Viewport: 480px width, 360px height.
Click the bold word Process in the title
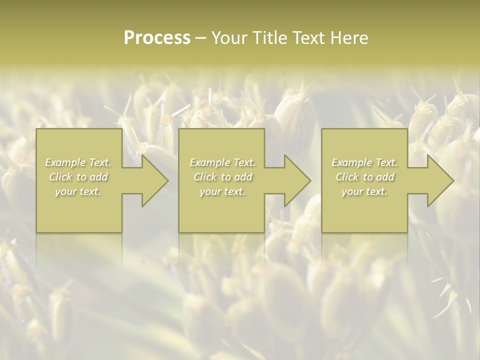157,38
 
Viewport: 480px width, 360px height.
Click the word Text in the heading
308,38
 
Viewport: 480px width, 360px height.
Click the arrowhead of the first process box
152,180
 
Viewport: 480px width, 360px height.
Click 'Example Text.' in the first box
78,162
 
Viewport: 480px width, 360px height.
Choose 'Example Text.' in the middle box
222,162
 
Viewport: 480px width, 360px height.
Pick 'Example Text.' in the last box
364,162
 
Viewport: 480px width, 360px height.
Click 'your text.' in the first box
78,192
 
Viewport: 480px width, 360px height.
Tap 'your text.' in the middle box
222,192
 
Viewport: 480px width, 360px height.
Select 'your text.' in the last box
364,192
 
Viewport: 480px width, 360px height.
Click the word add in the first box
99,177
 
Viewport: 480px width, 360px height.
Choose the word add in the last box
385,177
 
